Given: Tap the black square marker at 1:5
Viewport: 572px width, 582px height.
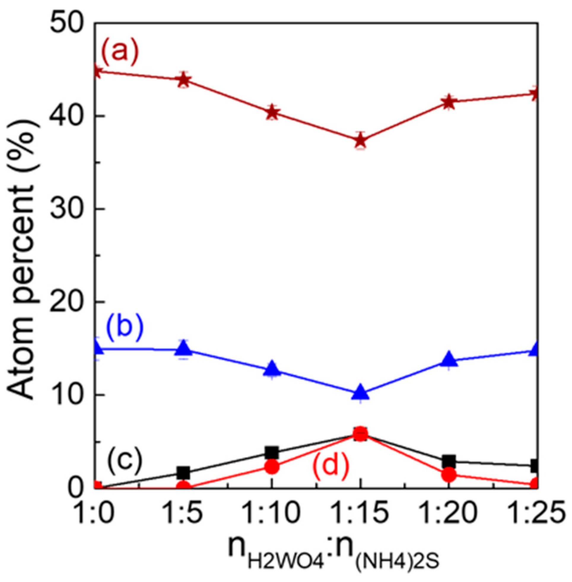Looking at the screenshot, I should point(183,472).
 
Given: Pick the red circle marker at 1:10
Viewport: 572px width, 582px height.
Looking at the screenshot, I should point(272,467).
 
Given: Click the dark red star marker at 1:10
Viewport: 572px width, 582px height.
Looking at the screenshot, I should point(272,112).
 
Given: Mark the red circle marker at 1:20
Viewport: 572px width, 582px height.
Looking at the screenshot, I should point(449,475).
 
